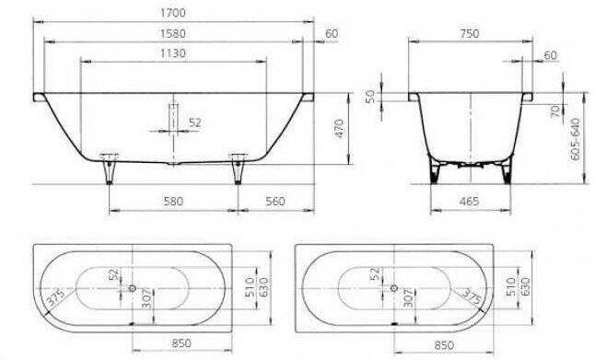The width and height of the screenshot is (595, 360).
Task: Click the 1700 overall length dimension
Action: tap(173, 13)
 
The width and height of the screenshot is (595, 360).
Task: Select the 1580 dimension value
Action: tap(173, 33)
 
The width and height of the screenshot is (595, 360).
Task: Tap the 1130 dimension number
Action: tap(173, 53)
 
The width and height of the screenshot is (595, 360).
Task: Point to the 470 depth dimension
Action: tap(339, 128)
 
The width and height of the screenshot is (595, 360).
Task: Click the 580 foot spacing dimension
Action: tap(173, 201)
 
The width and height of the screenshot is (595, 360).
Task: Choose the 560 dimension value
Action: tap(275, 201)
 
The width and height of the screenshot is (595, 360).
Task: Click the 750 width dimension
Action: tap(470, 33)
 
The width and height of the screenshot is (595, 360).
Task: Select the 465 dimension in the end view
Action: tap(469, 201)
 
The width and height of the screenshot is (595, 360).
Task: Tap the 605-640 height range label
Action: tap(576, 139)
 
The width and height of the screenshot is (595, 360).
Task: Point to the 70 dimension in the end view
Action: tap(554, 110)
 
